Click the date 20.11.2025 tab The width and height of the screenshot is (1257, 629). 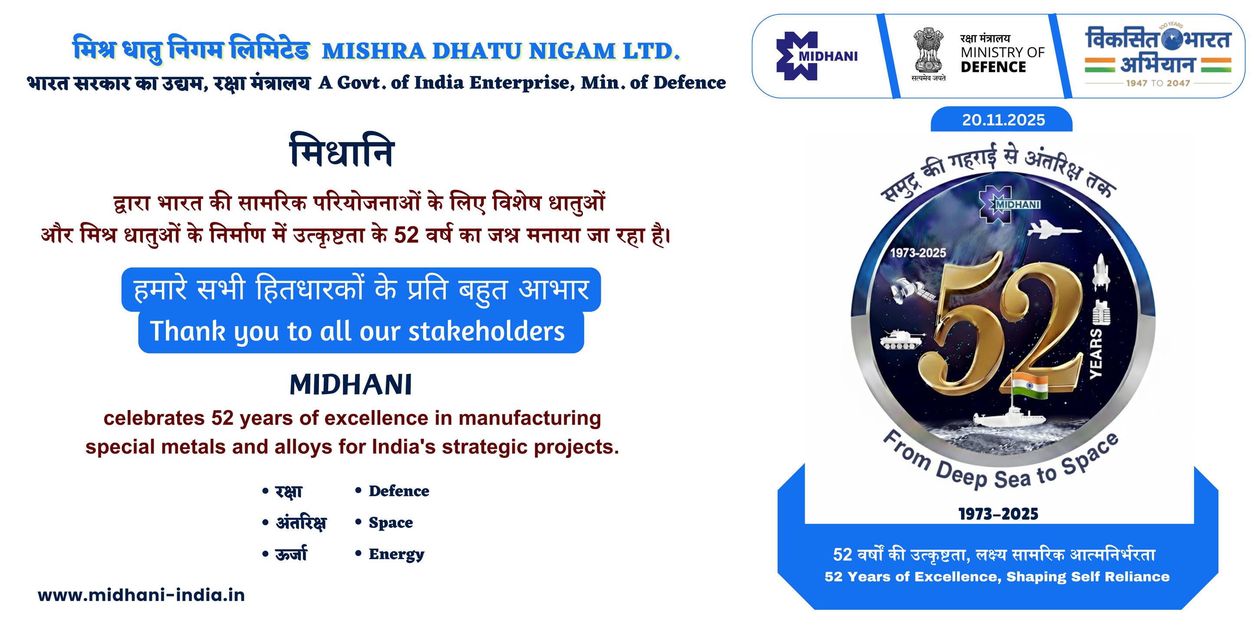pos(1001,119)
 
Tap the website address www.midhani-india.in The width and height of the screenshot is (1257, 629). pos(141,595)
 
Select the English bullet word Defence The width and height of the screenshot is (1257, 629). pos(398,491)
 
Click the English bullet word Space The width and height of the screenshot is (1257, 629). pos(390,523)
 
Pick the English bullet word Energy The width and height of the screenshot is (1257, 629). pos(396,554)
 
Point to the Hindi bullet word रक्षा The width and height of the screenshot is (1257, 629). pos(289,491)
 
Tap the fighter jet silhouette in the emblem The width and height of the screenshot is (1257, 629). pos(1053,229)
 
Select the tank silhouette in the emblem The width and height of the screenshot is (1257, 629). pos(903,339)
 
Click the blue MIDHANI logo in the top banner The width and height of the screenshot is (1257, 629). pos(816,56)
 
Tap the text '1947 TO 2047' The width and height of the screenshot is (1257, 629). pos(1158,83)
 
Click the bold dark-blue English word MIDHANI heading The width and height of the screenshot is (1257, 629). pos(351,384)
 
